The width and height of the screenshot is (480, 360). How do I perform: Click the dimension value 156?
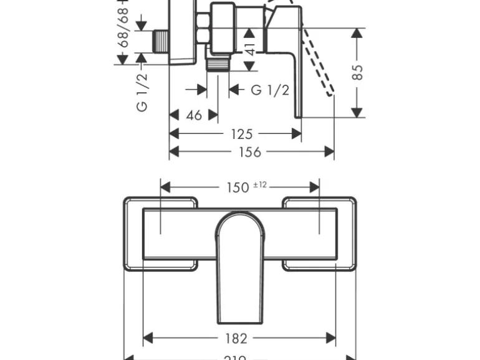coord(251,152)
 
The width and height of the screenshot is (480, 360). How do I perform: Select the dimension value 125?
coord(241,134)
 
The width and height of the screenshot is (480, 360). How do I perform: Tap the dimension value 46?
coord(194,115)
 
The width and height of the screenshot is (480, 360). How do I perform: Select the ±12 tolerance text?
coord(260,184)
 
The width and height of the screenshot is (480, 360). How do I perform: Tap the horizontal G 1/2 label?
coord(270,90)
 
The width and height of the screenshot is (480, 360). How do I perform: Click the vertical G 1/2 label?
coord(142,92)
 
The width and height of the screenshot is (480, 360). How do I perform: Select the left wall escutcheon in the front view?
coord(160,234)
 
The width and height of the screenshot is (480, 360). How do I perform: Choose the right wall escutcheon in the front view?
coord(320,234)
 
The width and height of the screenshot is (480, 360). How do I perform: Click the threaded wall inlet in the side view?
coord(161,43)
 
